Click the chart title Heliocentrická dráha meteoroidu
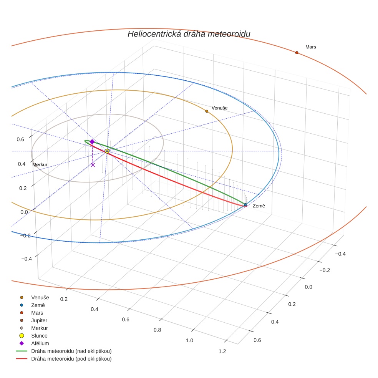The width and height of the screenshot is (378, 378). [x=189, y=34]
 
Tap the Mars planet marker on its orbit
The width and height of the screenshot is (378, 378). [x=297, y=53]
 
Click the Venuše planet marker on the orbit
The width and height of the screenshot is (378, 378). [x=207, y=111]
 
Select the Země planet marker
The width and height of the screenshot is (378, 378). [x=245, y=204]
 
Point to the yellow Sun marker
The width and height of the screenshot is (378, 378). [x=107, y=151]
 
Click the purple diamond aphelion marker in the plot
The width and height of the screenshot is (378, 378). [x=92, y=142]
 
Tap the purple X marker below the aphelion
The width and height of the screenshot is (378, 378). [x=93, y=165]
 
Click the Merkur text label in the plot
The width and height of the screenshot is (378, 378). [x=40, y=165]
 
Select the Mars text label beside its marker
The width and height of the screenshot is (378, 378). [x=311, y=47]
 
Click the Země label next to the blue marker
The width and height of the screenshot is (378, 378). [x=259, y=206]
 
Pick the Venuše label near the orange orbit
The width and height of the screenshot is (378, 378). [x=219, y=108]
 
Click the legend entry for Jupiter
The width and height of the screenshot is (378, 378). [x=39, y=320]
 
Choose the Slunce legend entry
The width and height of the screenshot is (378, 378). [x=39, y=336]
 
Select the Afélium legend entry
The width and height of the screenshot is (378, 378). [x=40, y=343]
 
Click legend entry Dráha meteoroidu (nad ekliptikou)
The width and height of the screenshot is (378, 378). [x=71, y=351]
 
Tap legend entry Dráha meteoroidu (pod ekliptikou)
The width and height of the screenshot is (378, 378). [x=71, y=359]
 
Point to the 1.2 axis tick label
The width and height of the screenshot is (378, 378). [x=222, y=351]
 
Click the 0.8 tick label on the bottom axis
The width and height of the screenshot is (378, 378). [x=157, y=330]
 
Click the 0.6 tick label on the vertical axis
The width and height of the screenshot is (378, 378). [x=20, y=139]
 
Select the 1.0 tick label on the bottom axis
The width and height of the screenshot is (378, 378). [x=189, y=341]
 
